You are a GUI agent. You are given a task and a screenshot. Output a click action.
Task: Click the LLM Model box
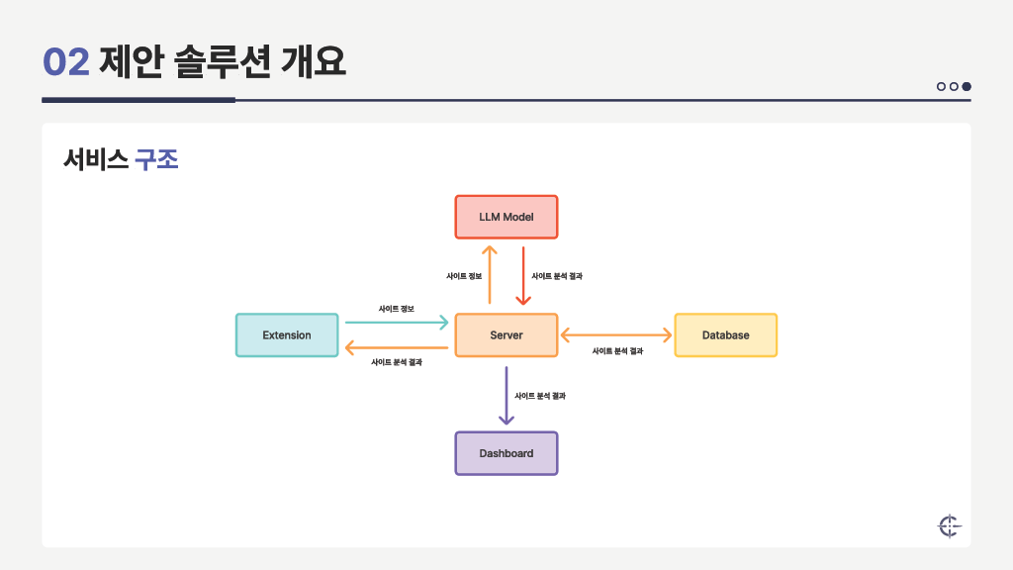(x=506, y=217)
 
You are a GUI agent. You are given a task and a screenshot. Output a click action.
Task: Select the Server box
(x=506, y=335)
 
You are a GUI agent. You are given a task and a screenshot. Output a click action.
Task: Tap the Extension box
(x=287, y=335)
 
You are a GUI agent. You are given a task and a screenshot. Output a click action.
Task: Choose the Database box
(x=725, y=335)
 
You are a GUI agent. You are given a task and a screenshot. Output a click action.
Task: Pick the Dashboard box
(x=506, y=453)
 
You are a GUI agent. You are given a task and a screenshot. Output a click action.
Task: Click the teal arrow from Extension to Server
(x=396, y=323)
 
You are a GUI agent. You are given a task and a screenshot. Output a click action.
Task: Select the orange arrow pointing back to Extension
(x=396, y=348)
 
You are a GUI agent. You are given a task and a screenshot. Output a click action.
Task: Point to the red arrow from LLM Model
(x=522, y=276)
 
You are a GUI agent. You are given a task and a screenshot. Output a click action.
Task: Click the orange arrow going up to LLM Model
(x=490, y=276)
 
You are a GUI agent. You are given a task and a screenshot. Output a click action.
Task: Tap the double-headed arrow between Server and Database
(x=615, y=335)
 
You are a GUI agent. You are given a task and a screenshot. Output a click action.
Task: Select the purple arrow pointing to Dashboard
(x=506, y=396)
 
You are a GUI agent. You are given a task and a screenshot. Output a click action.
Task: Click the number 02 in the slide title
(x=66, y=62)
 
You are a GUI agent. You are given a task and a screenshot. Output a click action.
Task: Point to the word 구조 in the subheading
(x=156, y=160)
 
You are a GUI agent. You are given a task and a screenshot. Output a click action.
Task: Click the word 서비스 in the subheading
(x=95, y=160)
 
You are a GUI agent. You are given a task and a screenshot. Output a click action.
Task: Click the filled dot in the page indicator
(x=967, y=86)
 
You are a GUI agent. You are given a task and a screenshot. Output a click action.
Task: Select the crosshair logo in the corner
(x=949, y=526)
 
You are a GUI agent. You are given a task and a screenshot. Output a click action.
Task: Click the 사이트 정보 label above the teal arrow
(x=396, y=309)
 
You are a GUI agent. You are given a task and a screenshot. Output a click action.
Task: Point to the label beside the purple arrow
(x=540, y=396)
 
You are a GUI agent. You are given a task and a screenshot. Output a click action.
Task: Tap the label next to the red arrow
(x=557, y=276)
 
